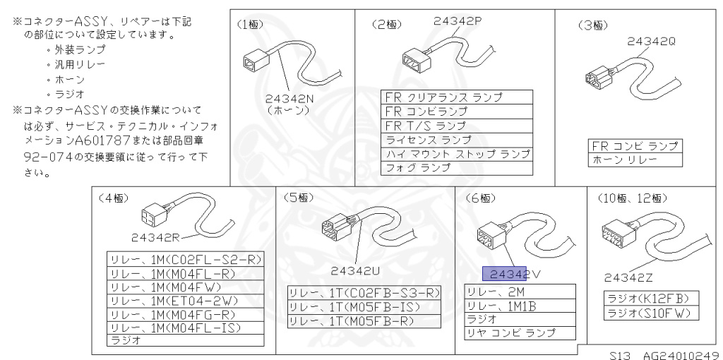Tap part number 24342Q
click(x=651, y=42)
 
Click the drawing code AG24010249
click(x=681, y=352)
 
